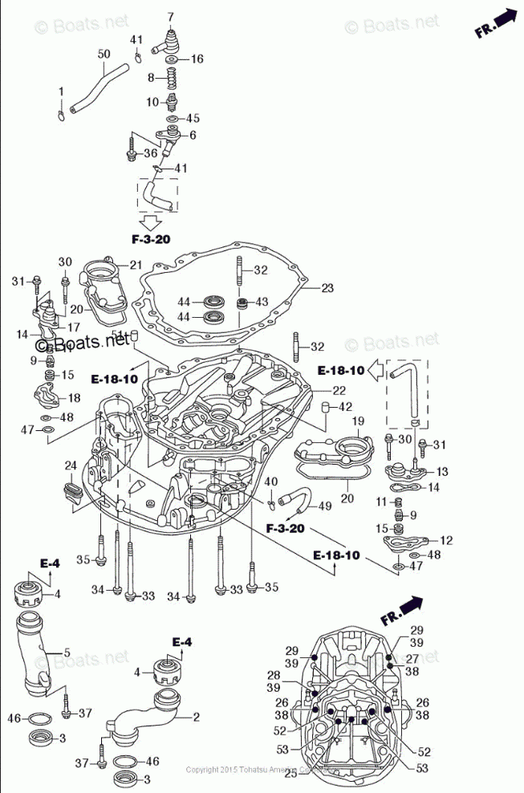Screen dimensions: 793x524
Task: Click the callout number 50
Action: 104,54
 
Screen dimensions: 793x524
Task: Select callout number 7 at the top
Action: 170,17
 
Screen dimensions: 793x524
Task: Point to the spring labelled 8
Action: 171,79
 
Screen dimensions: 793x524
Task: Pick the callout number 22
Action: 341,390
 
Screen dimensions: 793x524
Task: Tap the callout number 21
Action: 136,264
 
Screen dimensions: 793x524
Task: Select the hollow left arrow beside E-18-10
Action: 376,371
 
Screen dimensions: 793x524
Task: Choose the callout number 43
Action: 262,302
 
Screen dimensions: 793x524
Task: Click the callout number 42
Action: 345,407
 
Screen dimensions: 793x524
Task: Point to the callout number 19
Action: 358,421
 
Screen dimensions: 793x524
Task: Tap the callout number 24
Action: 71,465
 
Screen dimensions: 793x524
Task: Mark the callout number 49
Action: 325,506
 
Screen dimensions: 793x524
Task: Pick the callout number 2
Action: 196,716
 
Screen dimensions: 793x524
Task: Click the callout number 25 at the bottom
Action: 290,773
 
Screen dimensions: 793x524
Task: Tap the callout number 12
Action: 446,540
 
